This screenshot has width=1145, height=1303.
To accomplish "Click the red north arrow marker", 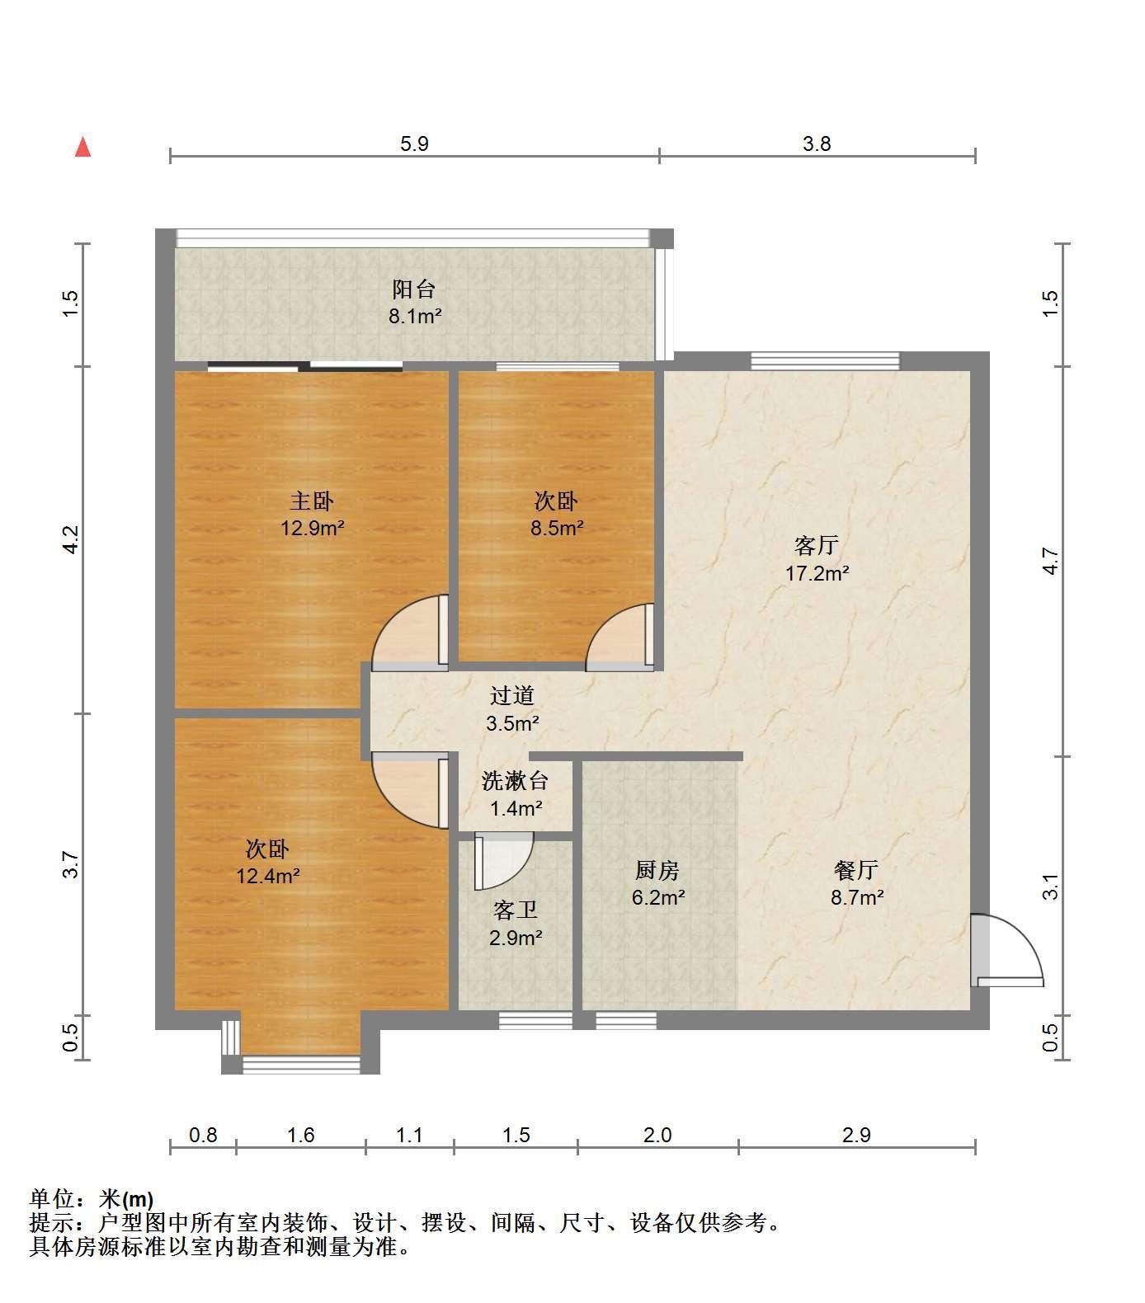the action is click(x=82, y=148).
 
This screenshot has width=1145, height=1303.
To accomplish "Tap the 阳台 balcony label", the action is click(x=414, y=289).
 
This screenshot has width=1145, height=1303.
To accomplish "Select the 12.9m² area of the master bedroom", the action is click(x=313, y=528).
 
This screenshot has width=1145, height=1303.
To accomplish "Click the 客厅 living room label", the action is click(x=817, y=545).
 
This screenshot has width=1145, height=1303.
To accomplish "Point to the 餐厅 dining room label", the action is click(x=856, y=870).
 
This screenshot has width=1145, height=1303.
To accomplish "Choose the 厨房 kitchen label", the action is click(x=657, y=870).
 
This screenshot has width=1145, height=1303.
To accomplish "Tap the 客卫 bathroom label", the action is click(x=516, y=910).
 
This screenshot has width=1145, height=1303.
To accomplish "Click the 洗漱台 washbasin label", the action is click(x=516, y=780).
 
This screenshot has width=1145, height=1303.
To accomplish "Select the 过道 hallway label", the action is click(x=512, y=695).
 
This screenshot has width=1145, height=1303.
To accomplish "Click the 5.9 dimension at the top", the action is click(x=414, y=143).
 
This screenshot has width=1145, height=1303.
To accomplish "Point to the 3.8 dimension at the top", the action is click(x=817, y=143).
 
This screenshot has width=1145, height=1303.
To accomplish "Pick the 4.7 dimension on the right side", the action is click(x=1049, y=562).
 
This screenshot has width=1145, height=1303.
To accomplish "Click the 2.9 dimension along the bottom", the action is click(x=856, y=1135).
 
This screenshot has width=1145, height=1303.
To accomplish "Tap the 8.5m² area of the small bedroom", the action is click(x=557, y=528).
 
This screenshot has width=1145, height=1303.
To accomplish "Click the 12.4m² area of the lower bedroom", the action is click(x=268, y=876).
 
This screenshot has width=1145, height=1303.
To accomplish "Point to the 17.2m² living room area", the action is click(x=818, y=572).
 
